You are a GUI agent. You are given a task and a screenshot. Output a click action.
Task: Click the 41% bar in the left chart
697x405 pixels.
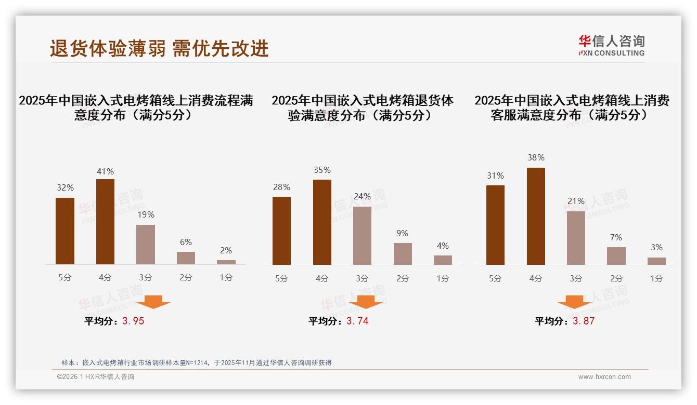click(105, 222)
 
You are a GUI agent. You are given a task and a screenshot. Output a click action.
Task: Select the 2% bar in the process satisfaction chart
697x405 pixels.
click(226, 262)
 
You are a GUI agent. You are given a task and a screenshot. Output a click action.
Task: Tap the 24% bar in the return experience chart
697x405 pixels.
click(362, 236)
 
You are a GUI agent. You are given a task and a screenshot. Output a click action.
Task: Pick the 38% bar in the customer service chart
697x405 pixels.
click(536, 216)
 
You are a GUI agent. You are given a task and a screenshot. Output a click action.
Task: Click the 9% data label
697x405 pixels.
click(402, 234)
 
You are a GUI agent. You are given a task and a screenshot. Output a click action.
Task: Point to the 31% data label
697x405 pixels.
click(495, 176)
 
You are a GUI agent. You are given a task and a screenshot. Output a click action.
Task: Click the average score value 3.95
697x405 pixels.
click(133, 321)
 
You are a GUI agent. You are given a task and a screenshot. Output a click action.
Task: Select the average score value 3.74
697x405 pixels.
click(357, 321)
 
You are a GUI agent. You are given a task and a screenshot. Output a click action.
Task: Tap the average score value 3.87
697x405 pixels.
click(584, 321)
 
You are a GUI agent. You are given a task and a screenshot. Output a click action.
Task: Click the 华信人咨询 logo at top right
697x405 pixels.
click(611, 45)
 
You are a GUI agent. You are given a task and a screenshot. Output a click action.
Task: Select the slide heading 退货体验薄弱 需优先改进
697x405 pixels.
click(159, 48)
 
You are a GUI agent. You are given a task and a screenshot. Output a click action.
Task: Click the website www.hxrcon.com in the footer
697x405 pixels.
click(604, 377)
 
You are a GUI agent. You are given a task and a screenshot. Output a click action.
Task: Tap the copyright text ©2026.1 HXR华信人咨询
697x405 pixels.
click(96, 377)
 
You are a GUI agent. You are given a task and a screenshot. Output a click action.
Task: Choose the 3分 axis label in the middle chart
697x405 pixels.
click(362, 278)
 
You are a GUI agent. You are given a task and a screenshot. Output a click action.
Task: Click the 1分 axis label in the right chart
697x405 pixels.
click(656, 278)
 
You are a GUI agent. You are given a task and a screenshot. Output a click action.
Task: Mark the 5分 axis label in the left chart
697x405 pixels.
click(65, 277)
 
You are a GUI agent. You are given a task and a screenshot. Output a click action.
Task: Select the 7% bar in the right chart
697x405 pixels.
click(616, 256)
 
